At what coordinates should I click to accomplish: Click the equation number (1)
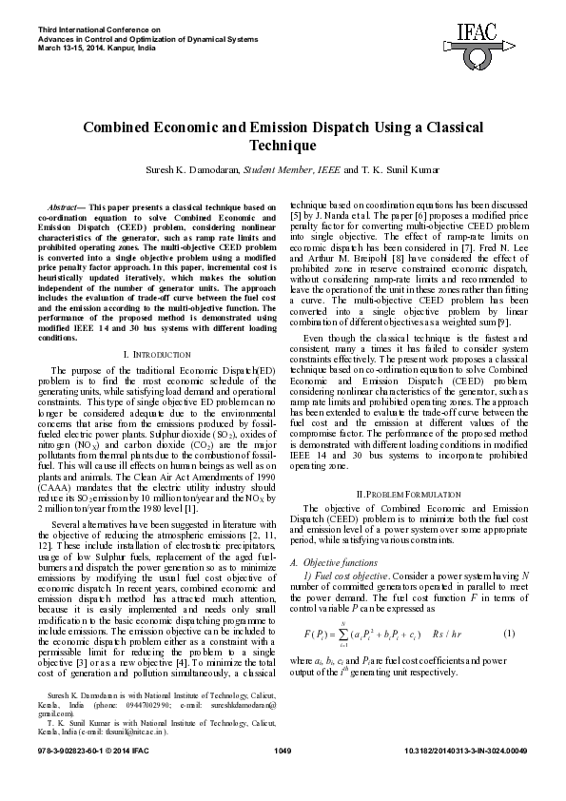pyautogui.click(x=509, y=633)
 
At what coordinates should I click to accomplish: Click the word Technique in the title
pyautogui.click(x=282, y=146)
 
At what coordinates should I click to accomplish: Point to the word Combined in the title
pyautogui.click(x=122, y=127)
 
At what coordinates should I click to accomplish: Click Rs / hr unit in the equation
pyautogui.click(x=446, y=633)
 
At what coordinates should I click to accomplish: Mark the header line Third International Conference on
pyautogui.click(x=85, y=29)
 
